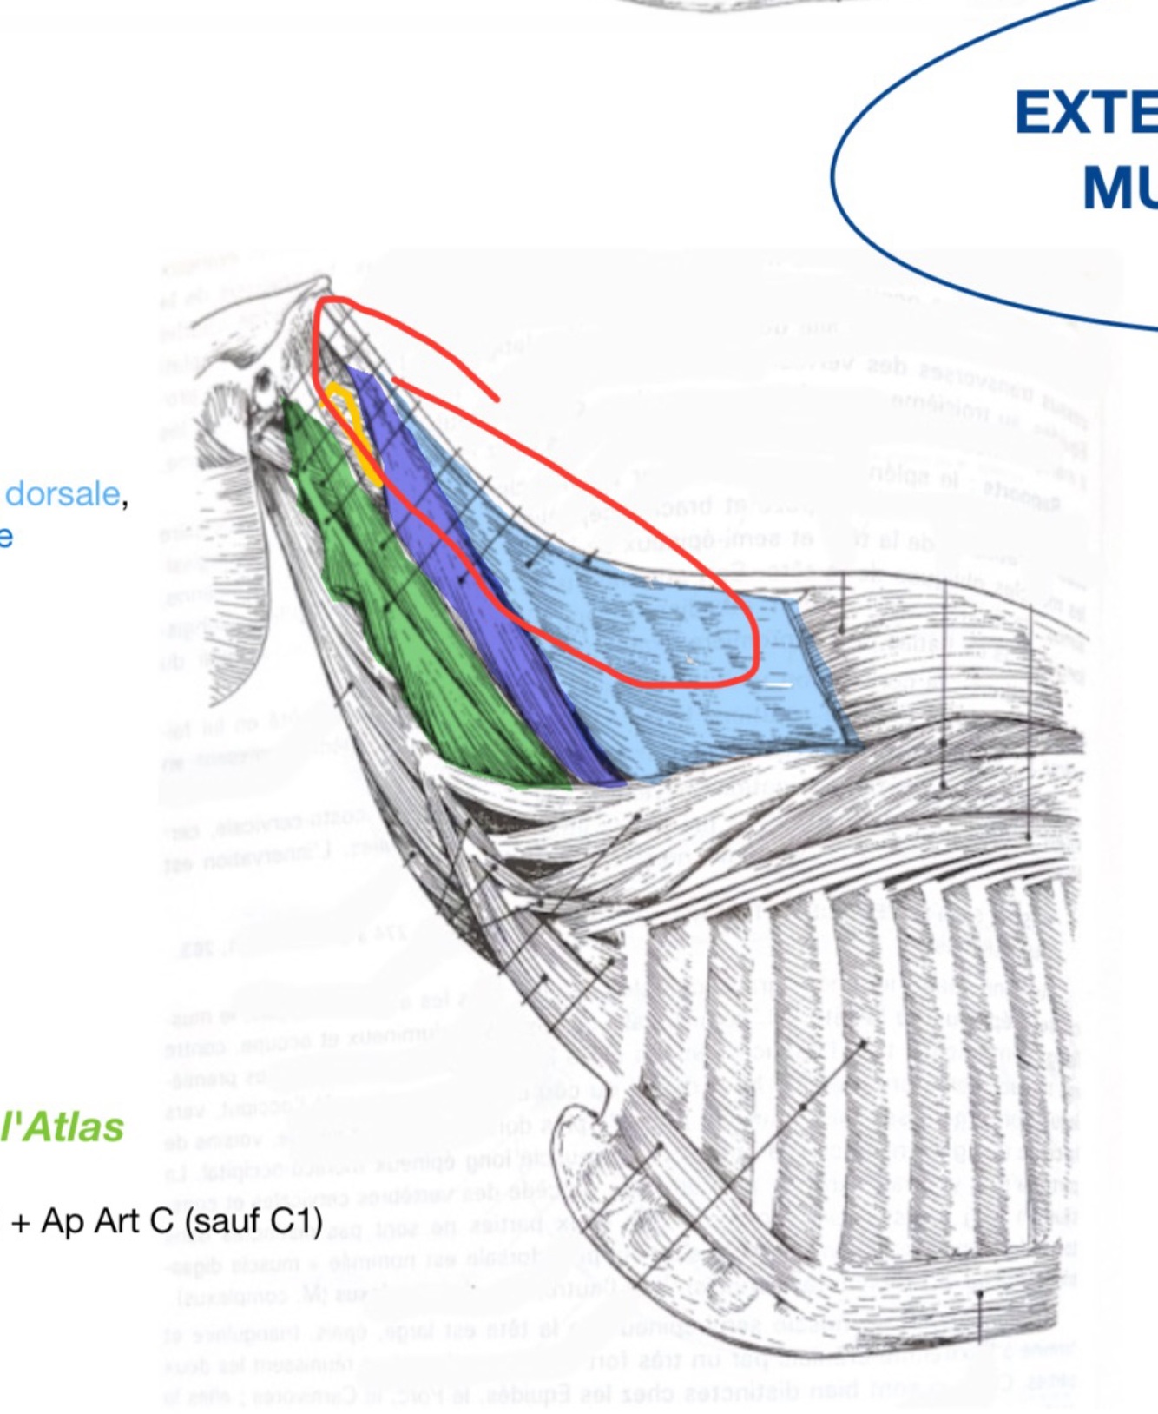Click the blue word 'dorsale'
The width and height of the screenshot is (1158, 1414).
(63, 494)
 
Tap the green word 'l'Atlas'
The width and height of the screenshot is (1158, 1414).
(63, 1127)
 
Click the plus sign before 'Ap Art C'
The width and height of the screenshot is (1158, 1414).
(21, 1223)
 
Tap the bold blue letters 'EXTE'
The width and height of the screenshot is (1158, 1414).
(1085, 114)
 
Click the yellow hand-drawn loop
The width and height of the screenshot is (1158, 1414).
(352, 426)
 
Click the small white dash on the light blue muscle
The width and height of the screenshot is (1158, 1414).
(778, 685)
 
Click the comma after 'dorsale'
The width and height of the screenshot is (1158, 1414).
(124, 504)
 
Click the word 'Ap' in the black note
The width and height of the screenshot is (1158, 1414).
(63, 1223)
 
